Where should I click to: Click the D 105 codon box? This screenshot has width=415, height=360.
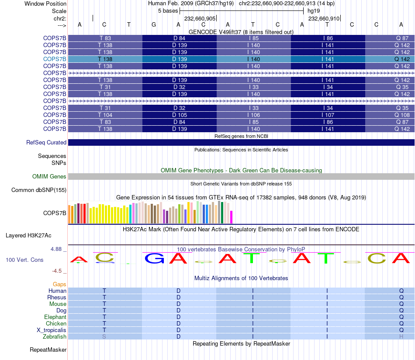(180, 115)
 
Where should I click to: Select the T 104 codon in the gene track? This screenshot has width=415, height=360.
(105, 115)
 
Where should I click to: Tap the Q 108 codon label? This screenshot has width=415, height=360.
(402, 115)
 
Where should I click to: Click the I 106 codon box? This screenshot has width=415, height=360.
(254, 115)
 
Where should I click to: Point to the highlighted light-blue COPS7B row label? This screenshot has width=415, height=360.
(55, 59)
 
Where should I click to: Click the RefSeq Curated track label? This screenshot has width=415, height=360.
(46, 142)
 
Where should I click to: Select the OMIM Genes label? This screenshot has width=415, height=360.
(49, 176)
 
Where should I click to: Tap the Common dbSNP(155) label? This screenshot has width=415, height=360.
(39, 190)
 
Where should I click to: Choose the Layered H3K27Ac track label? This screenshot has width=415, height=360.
(28, 235)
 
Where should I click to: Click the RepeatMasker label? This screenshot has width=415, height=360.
(48, 350)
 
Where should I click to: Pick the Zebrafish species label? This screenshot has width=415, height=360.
(55, 337)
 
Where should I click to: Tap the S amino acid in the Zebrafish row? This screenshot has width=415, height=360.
(104, 337)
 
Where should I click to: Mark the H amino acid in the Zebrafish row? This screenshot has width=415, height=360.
(401, 337)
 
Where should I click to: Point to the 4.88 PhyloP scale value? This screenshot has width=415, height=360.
(58, 249)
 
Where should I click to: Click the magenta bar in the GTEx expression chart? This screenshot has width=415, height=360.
(232, 217)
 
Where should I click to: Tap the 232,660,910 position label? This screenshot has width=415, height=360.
(323, 19)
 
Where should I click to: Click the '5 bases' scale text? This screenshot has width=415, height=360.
(168, 10)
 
